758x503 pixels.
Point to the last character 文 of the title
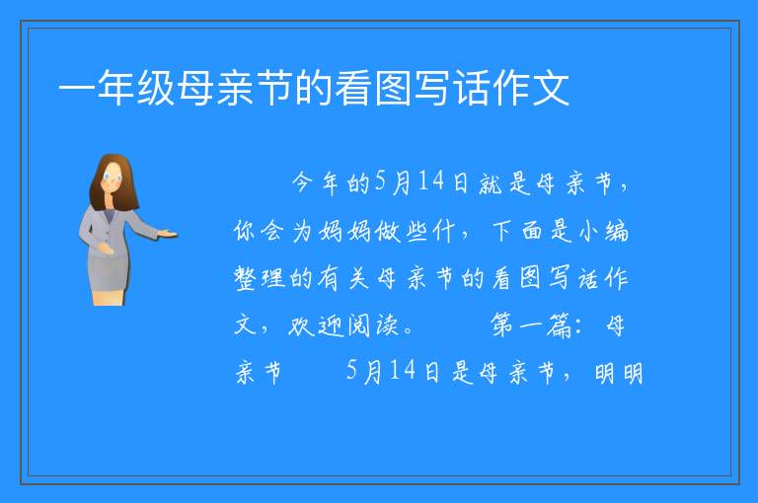(x=550, y=88)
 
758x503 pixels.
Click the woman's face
(x=113, y=179)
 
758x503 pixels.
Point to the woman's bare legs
(x=109, y=297)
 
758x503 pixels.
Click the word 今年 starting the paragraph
(x=315, y=183)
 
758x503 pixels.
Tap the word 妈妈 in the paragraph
(x=344, y=231)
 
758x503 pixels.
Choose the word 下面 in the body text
(x=517, y=231)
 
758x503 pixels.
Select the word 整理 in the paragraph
(x=260, y=278)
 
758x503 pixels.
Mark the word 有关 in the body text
(x=343, y=278)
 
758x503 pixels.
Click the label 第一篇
(x=531, y=325)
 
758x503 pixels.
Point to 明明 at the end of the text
(x=619, y=373)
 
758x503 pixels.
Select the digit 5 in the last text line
(x=352, y=371)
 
